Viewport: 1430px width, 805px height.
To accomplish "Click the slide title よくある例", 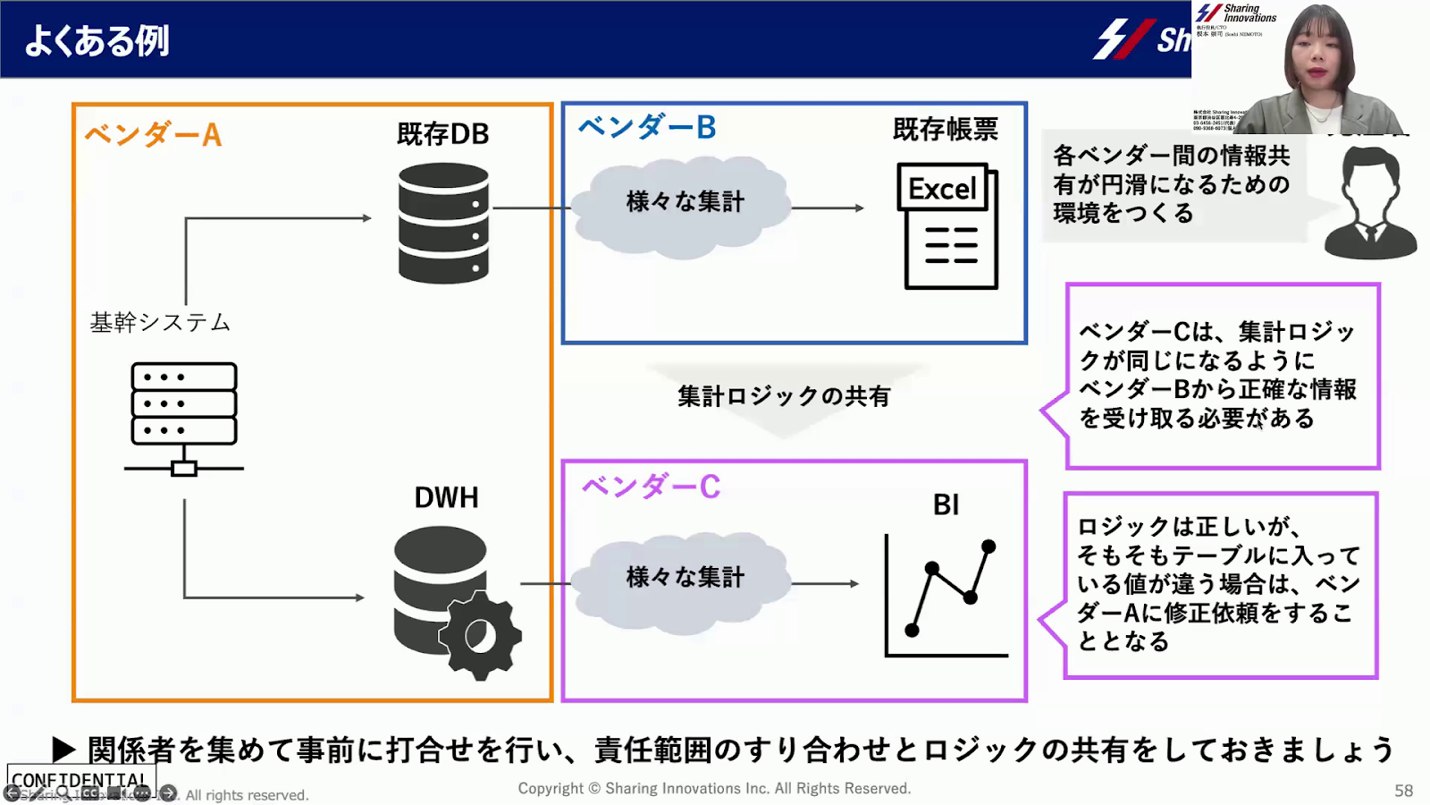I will tap(97, 41).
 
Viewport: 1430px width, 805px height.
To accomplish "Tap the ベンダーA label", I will tap(153, 135).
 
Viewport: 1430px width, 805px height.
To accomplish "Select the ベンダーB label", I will tap(647, 128).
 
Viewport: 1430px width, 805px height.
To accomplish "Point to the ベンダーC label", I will tap(651, 487).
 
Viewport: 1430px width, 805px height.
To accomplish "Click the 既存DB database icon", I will tap(443, 224).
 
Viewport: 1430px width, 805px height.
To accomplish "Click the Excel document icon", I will tap(947, 225).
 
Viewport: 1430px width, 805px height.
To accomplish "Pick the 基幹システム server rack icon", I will tap(184, 417).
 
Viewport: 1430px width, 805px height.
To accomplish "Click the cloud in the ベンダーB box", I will tap(684, 206).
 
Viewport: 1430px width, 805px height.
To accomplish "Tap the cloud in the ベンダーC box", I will tap(684, 580).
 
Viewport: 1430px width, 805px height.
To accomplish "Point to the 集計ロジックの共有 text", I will tap(784, 396).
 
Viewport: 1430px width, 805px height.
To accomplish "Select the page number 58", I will tap(1403, 791).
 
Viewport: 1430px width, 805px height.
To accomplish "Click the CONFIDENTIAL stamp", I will tap(80, 780).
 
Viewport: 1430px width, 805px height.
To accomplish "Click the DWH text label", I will tap(446, 497).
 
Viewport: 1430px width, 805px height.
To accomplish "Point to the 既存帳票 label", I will tap(945, 130).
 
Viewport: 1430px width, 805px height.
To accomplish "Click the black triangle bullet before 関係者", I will tap(63, 749).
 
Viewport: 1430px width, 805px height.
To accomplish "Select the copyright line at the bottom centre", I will tap(714, 789).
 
